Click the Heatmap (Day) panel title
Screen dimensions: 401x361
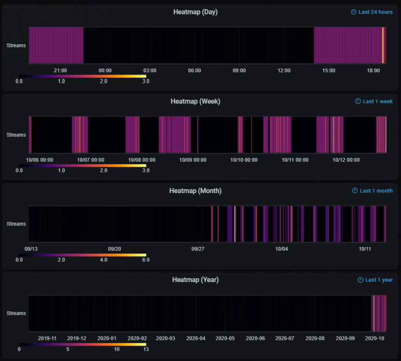[x=195, y=12]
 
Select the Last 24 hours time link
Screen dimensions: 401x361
[x=372, y=12]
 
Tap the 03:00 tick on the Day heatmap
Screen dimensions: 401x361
[x=150, y=70]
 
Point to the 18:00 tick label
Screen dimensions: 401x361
[x=374, y=70]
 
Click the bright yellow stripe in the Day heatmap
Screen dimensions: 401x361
[x=383, y=45]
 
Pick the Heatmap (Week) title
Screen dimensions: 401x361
[x=195, y=102]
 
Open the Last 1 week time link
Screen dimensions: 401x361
[x=374, y=102]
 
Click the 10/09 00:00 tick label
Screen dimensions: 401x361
[x=193, y=160]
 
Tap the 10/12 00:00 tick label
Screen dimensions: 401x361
[x=346, y=160]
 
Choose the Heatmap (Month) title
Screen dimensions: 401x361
[x=195, y=191]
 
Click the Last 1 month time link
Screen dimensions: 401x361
[x=373, y=191]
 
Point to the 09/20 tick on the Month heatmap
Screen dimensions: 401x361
[x=114, y=249]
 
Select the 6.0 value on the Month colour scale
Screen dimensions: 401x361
[x=146, y=260]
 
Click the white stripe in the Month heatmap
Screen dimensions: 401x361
[x=235, y=224]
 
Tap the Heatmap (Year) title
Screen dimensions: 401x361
[x=195, y=280]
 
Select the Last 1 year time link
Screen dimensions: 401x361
[x=375, y=280]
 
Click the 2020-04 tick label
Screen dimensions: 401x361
[x=195, y=338]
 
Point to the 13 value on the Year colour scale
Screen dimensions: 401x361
[x=146, y=349]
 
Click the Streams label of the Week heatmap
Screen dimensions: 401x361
[x=16, y=135]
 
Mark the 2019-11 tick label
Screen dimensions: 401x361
[x=47, y=338]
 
